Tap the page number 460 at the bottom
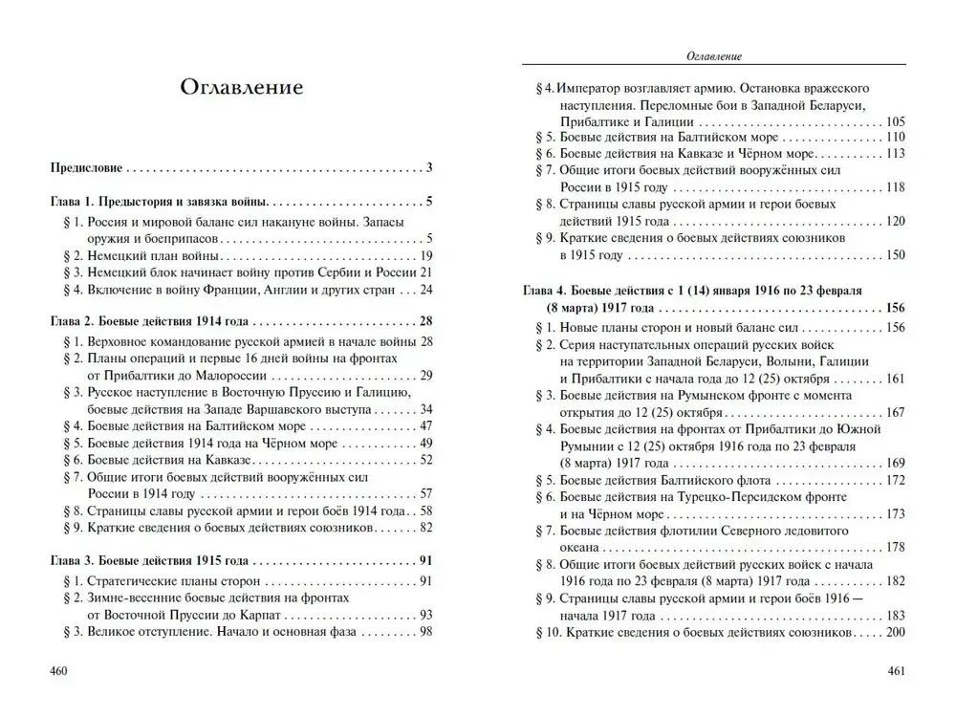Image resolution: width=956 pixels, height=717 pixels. tap(58, 670)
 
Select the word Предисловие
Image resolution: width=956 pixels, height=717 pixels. tap(86, 168)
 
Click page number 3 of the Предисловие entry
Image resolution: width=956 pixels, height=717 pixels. tap(430, 168)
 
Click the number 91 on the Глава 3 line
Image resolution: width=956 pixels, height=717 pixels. tap(426, 560)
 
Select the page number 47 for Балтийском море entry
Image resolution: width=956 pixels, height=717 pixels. tap(426, 424)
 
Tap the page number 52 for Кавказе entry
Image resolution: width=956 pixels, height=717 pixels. tap(426, 459)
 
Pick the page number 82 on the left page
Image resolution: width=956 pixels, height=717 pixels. tap(426, 527)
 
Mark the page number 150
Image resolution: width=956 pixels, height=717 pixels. tap(895, 255)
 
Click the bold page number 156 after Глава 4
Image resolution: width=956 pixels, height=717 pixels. tap(895, 309)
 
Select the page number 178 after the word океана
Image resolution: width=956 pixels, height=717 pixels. tap(895, 547)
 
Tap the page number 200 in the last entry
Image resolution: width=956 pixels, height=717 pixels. tap(895, 633)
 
